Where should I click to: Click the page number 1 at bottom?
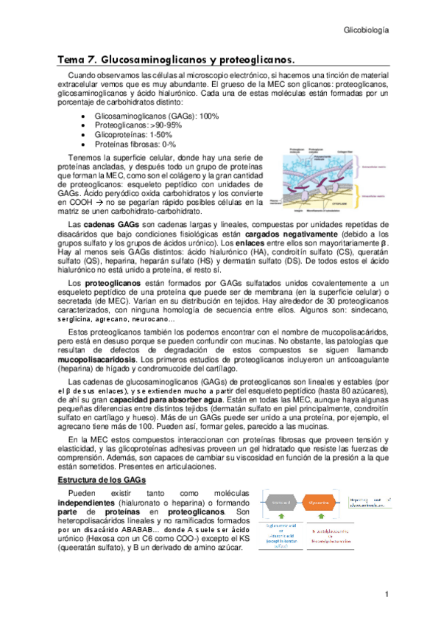[386, 594]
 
